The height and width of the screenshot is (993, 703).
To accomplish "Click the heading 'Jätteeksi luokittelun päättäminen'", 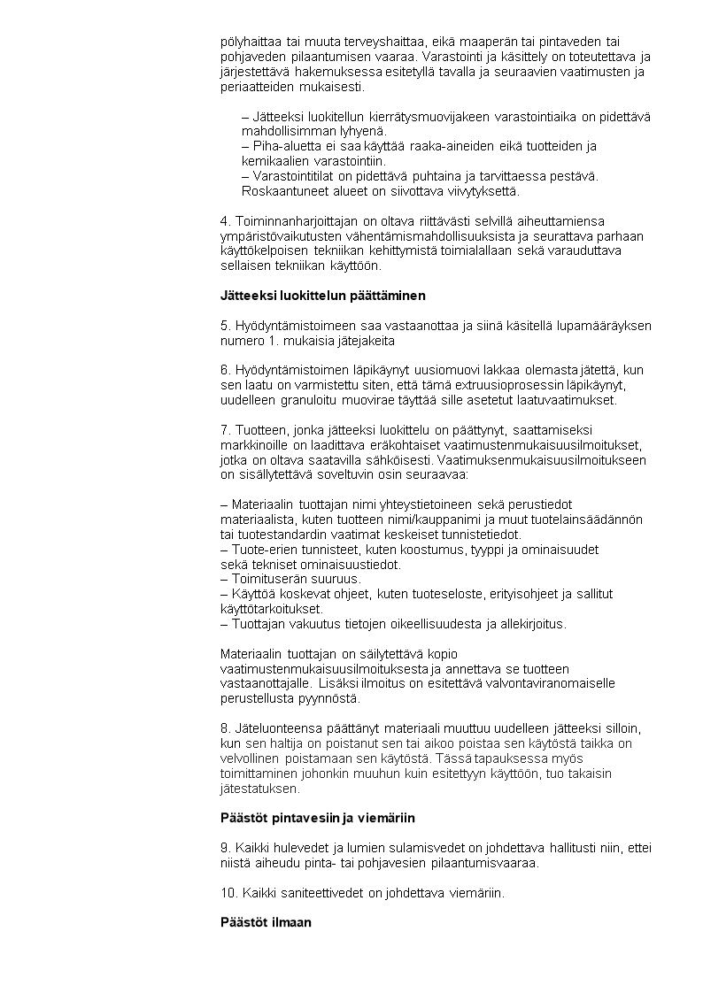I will [x=322, y=296].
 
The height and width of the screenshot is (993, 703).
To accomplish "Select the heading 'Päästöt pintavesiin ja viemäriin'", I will [x=317, y=818].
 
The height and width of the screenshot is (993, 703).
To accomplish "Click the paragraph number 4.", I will [x=224, y=220].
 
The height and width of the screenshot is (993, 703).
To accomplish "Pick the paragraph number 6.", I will [x=224, y=370].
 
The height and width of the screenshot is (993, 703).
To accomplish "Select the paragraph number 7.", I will [x=224, y=430].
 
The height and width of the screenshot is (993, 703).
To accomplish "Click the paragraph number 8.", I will [x=224, y=728].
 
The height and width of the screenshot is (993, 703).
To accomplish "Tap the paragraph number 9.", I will [x=224, y=848].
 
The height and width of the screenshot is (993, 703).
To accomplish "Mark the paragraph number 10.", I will [x=228, y=893].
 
